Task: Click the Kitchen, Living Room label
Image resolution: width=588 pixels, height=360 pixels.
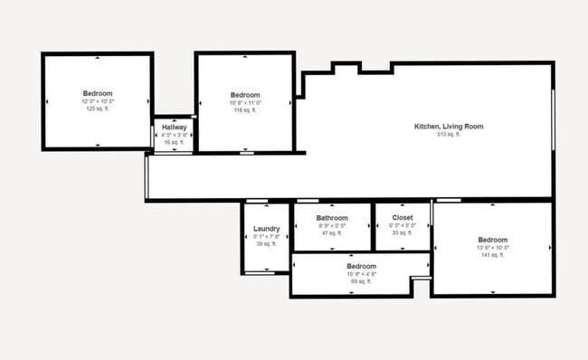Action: coord(449,127)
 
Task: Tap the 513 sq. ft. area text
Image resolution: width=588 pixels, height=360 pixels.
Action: coord(449,135)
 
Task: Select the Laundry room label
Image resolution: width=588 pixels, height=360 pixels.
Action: coord(266,229)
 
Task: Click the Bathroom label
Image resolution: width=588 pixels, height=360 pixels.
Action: coord(332,218)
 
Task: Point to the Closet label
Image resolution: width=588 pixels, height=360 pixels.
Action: coord(402,218)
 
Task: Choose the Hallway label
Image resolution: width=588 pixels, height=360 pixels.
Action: coord(174,128)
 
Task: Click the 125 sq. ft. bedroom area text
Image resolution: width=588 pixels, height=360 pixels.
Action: coord(98,109)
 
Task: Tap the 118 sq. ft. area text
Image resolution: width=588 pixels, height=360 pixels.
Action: coord(245,110)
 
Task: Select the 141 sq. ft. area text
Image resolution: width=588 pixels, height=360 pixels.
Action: coord(493,255)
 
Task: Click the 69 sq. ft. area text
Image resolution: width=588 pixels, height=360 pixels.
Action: coord(361,281)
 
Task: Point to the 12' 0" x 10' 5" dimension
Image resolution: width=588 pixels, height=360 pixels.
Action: coord(98,101)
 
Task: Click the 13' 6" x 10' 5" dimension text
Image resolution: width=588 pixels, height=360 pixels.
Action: coord(493,248)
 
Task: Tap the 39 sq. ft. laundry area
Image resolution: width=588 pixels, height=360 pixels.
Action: coord(266,243)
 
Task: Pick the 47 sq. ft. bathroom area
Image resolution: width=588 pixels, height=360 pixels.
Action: coord(332,232)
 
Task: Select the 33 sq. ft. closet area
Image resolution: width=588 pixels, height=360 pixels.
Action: coord(402,232)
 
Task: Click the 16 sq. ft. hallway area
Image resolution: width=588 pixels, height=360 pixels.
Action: coord(174,142)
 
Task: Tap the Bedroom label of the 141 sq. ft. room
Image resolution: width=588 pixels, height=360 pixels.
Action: coord(493,240)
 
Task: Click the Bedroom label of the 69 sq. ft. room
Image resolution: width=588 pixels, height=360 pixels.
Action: coord(361,266)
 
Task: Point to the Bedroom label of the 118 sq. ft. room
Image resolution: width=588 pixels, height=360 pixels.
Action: coord(245,95)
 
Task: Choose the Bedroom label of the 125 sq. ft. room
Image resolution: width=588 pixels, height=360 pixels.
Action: coord(98,93)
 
